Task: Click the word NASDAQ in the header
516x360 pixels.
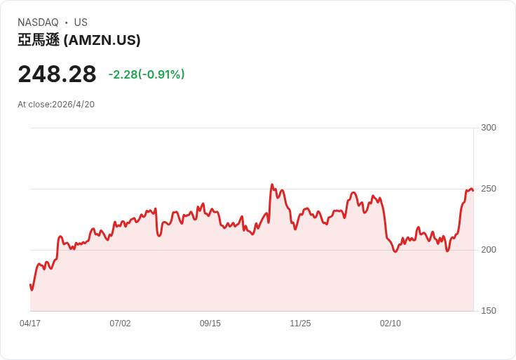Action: click(38, 22)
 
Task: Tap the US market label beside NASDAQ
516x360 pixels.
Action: click(81, 22)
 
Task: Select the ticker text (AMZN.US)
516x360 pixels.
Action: click(102, 40)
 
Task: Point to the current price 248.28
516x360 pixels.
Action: click(57, 74)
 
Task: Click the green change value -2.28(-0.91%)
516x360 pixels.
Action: click(147, 74)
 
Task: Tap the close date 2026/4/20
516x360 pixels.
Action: click(73, 105)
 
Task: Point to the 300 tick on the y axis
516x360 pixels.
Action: click(488, 128)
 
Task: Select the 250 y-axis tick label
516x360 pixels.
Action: click(488, 189)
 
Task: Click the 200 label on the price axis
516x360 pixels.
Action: click(488, 250)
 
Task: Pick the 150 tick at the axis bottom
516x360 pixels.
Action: click(488, 311)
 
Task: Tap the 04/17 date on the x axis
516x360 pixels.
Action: click(30, 324)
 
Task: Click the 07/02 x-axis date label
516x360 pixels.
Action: click(120, 324)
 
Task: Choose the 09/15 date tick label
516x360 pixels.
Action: click(210, 324)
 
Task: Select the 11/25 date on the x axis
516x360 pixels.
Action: click(300, 324)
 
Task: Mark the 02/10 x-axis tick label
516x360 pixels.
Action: click(391, 324)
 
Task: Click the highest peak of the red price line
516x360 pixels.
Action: click(272, 185)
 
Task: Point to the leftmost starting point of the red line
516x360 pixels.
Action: click(30, 284)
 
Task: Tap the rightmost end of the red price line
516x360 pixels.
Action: click(473, 190)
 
